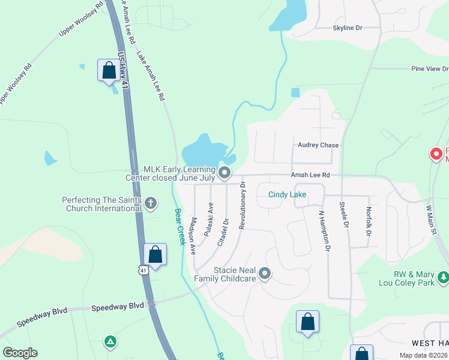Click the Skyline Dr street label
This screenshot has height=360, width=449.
(x=348, y=28)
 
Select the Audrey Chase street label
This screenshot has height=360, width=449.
(x=318, y=145)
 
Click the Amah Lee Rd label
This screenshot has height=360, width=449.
(x=310, y=175)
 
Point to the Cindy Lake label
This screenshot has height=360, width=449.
(x=287, y=194)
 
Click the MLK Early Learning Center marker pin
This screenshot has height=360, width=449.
(x=224, y=173)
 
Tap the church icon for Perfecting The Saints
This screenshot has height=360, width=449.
(x=151, y=204)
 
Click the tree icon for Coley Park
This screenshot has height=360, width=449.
(x=443, y=277)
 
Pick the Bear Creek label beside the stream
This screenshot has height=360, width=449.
(x=178, y=226)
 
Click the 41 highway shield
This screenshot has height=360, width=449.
(x=143, y=271)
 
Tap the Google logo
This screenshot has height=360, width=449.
(x=20, y=353)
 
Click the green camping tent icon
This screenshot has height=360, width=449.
(x=110, y=342)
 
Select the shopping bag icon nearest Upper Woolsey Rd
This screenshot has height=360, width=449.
(x=109, y=70)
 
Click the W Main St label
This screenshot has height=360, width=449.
(x=430, y=220)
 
